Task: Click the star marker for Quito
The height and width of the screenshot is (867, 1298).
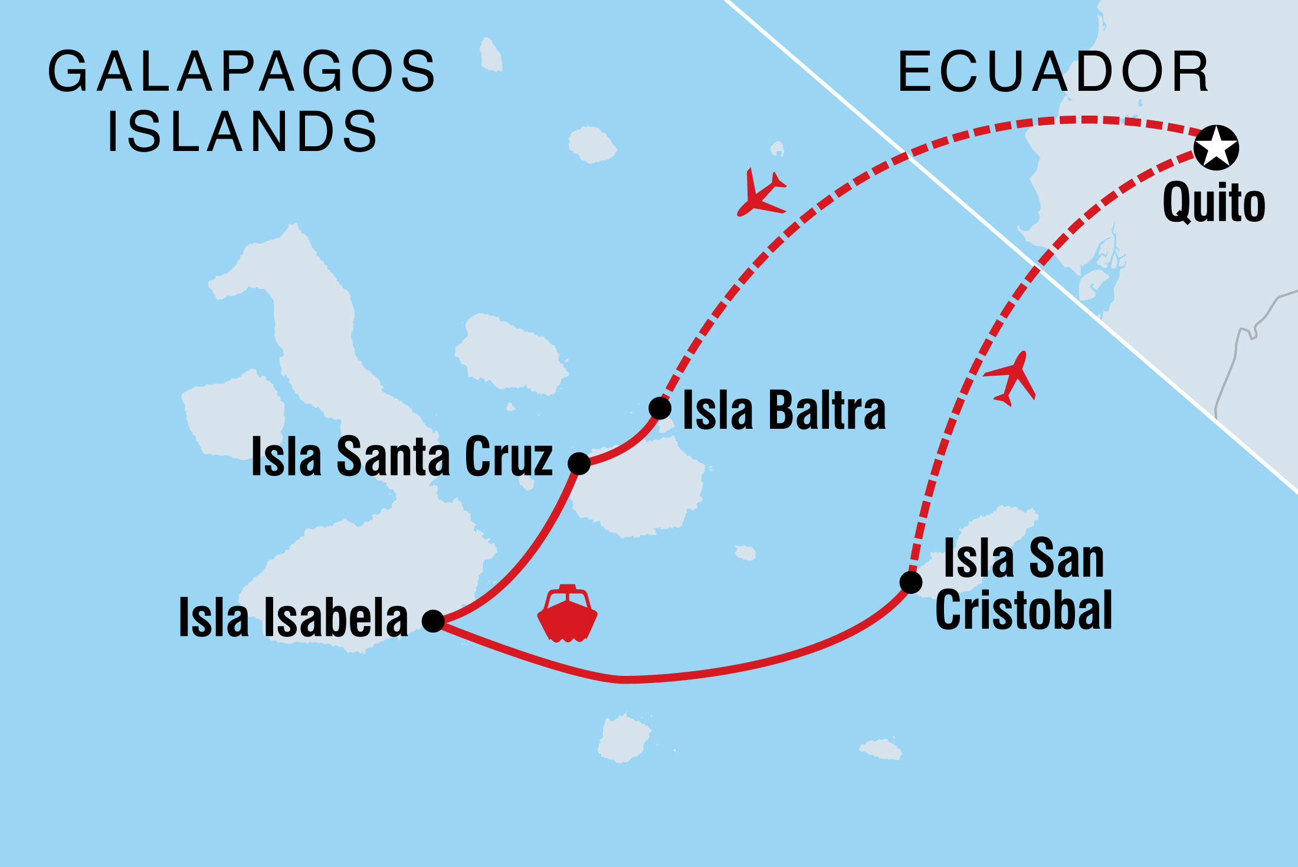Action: [x=1216, y=147]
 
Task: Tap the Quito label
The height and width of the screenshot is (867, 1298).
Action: [x=1214, y=203]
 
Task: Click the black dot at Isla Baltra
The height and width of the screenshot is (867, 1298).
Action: [x=660, y=408]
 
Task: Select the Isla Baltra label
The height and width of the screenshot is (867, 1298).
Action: [x=784, y=410]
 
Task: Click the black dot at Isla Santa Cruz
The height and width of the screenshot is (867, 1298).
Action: [x=579, y=464]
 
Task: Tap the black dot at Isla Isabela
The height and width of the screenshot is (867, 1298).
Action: [x=433, y=620]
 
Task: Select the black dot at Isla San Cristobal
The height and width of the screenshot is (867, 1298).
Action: [x=911, y=582]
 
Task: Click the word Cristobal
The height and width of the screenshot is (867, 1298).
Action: [x=1024, y=610]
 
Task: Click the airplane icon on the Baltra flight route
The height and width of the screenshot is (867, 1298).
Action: [x=761, y=193]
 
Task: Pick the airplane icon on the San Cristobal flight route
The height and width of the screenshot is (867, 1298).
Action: [x=1011, y=379]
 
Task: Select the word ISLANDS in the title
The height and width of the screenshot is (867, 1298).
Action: [x=242, y=131]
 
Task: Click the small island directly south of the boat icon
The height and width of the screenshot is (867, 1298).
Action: [x=623, y=738]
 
